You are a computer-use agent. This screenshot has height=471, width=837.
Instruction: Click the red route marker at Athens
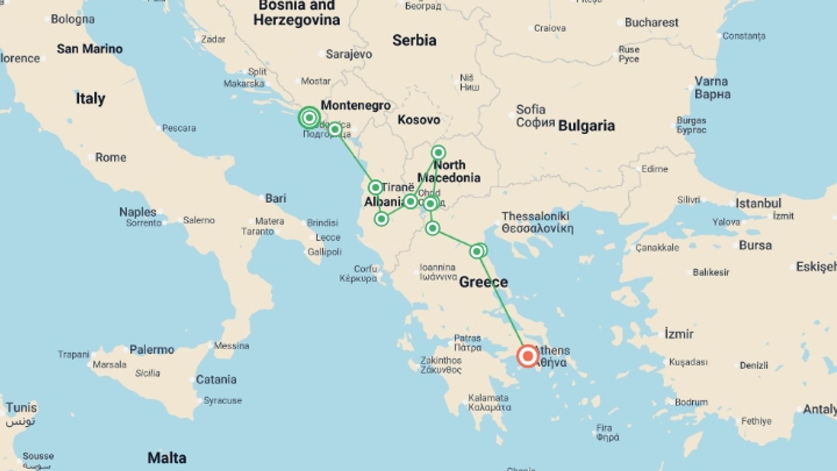click(527, 356)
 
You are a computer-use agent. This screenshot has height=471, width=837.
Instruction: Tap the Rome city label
click(111, 157)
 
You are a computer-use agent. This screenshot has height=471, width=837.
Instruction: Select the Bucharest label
click(651, 22)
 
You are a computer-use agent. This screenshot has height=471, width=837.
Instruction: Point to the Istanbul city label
click(758, 203)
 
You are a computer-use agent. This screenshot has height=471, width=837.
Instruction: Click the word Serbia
click(414, 40)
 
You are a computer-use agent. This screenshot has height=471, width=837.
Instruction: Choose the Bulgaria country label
click(586, 126)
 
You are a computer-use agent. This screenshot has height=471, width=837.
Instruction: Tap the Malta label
click(167, 457)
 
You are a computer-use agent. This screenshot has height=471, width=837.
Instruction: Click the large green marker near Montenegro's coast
click(309, 118)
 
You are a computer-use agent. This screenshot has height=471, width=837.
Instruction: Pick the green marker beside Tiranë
click(375, 188)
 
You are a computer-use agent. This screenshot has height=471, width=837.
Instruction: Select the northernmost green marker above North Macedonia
click(438, 153)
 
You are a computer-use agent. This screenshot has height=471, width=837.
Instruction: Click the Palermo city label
click(152, 349)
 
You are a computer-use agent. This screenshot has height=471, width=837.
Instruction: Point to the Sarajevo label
click(349, 54)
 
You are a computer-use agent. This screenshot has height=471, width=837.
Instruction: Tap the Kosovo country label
click(418, 119)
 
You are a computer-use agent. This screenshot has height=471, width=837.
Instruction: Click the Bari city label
click(276, 198)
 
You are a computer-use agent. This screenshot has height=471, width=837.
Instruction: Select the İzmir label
click(679, 334)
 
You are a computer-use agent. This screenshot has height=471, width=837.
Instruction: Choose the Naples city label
click(138, 212)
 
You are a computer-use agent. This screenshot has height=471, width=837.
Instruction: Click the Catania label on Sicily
click(216, 379)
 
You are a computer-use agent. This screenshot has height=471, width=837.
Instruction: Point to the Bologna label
click(72, 19)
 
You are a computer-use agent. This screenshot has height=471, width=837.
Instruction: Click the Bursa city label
click(755, 245)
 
